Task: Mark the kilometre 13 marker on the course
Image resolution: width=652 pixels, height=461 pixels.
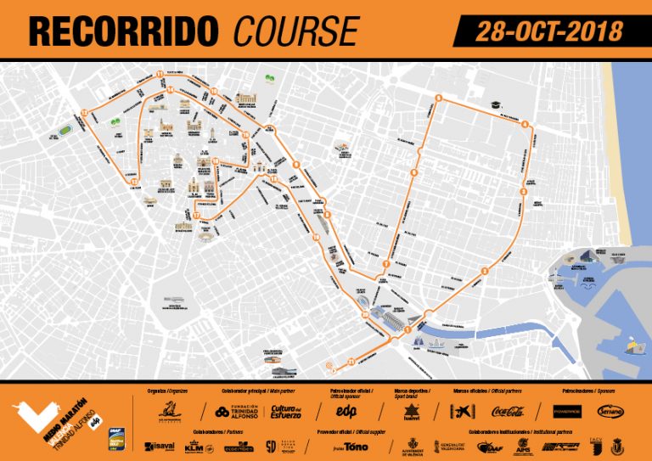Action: pos(133,181)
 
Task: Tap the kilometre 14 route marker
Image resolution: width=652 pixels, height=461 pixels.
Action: pos(170,89)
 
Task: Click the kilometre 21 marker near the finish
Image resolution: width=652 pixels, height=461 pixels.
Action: pos(350,363)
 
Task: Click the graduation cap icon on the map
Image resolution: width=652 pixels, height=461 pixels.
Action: pos(491,103)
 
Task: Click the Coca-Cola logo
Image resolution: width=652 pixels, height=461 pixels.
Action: pos(508,412)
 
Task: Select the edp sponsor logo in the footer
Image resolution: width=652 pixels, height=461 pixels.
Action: pos(346,411)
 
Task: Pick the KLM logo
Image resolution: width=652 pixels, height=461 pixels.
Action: pos(194,446)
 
